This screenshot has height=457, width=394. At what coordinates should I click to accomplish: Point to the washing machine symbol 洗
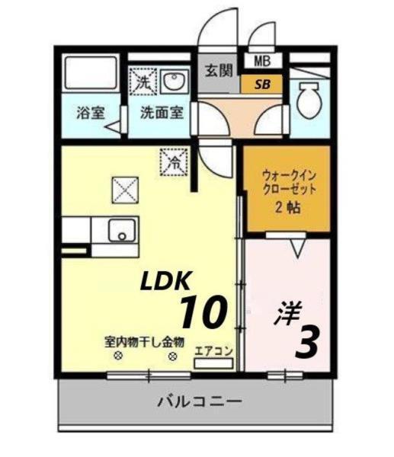pos(143,79)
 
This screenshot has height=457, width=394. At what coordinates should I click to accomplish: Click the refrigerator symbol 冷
pos(172,161)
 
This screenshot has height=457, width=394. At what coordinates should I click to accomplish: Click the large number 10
pos(203,311)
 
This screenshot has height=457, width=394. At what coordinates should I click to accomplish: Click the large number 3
pos(305,344)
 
